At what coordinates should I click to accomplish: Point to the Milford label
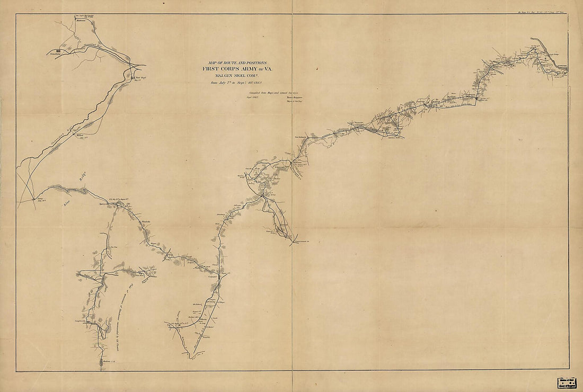pos(81,136)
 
